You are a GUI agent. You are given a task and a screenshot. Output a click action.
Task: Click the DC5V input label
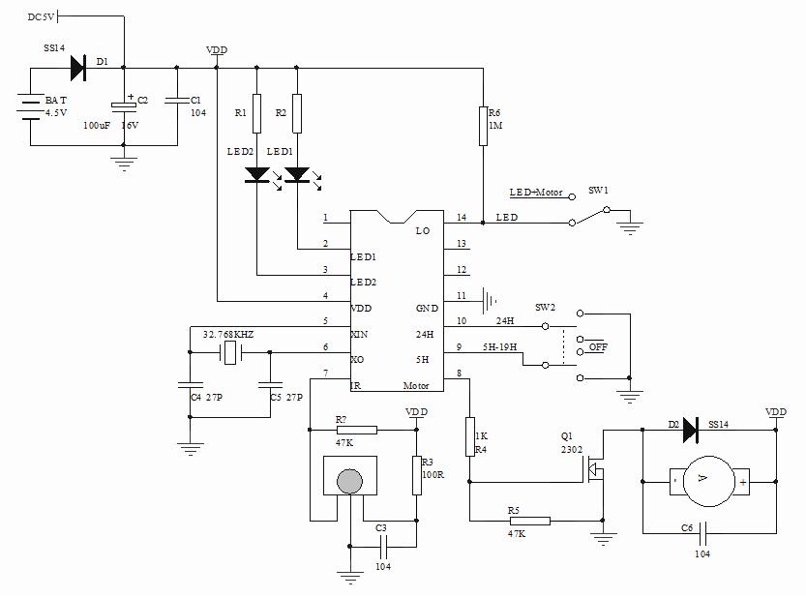click(x=43, y=16)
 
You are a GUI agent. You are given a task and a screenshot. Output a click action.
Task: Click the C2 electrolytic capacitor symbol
click(x=123, y=103)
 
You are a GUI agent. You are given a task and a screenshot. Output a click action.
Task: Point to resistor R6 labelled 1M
click(x=482, y=126)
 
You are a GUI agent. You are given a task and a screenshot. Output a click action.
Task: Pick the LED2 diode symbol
click(x=256, y=175)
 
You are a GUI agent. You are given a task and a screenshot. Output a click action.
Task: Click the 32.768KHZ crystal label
click(x=229, y=334)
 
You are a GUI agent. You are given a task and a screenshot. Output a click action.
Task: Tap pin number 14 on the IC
click(x=462, y=217)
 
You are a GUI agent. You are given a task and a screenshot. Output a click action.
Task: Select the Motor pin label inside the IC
click(x=417, y=384)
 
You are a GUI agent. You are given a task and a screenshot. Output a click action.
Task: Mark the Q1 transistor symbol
click(x=594, y=471)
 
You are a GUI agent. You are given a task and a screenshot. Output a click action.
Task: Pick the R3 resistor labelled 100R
click(x=417, y=474)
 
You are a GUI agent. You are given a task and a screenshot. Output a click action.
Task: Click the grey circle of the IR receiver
click(x=349, y=480)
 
